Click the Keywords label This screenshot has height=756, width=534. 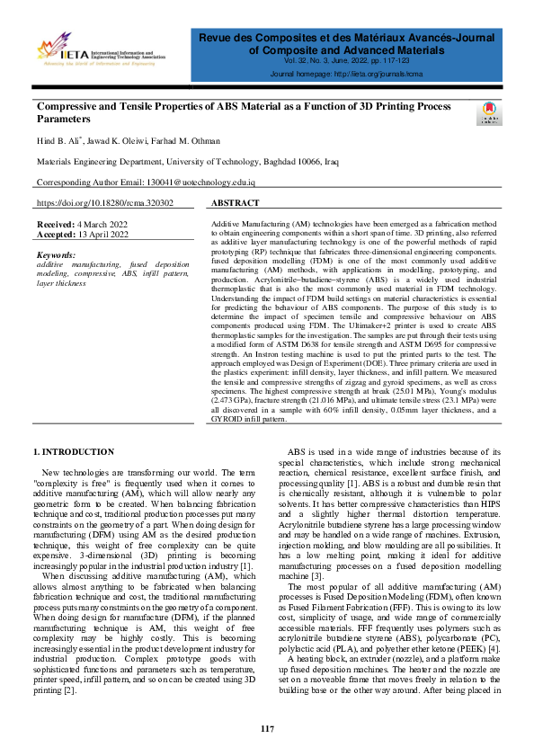(57, 255)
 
